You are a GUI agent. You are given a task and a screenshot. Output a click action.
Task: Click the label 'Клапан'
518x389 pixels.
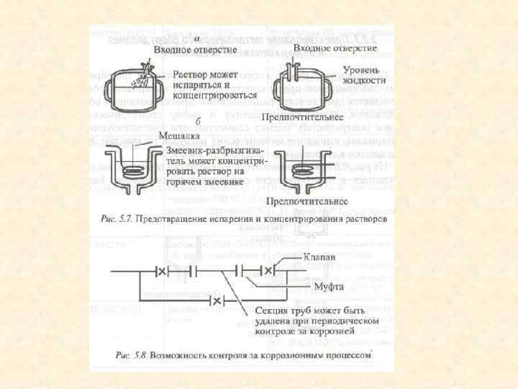[x=319, y=258]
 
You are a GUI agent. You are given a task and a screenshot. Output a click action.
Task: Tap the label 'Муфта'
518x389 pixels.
[x=326, y=287]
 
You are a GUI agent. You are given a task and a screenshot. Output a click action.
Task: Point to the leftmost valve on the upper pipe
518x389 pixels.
[x=163, y=271]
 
